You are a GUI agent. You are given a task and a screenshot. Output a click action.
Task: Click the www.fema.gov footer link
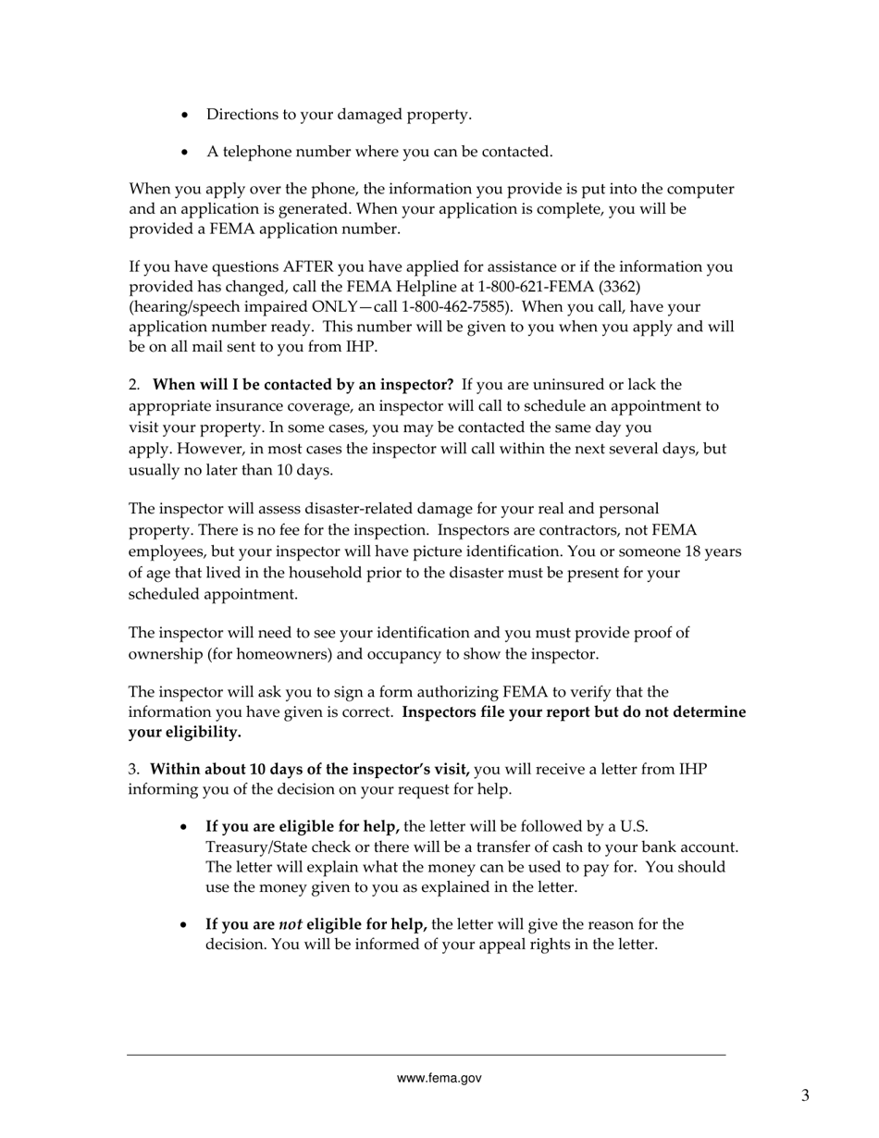tap(439, 1078)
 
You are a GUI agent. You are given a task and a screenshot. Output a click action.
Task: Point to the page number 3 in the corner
tap(805, 1096)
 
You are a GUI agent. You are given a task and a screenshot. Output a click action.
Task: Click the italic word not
tap(291, 924)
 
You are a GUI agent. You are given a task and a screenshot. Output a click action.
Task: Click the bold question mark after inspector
tap(449, 385)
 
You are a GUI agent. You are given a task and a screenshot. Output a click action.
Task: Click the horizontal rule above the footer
tap(426, 1055)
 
